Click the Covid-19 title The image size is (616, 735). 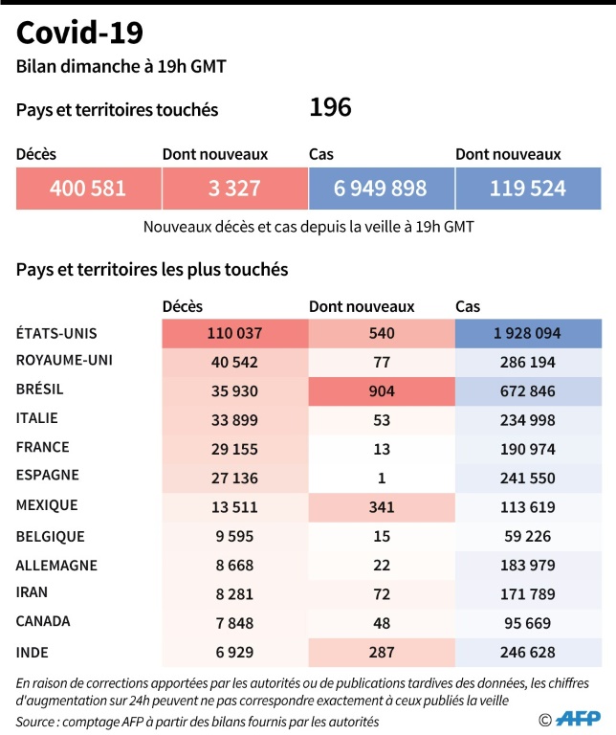(x=80, y=33)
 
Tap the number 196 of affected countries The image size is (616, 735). (x=330, y=108)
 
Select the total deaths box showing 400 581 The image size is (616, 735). (x=88, y=189)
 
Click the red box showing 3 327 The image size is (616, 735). (x=234, y=189)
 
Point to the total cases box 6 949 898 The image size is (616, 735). (x=381, y=189)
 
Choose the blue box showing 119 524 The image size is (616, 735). (x=527, y=189)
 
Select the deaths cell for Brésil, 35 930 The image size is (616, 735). (x=234, y=390)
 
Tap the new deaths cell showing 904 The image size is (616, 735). (x=381, y=390)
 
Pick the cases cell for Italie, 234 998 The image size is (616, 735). (x=527, y=419)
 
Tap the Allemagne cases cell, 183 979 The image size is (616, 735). (x=527, y=566)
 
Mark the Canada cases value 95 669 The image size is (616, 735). (x=527, y=623)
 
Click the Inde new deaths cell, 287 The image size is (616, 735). (x=381, y=652)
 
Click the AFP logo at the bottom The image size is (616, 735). (x=578, y=719)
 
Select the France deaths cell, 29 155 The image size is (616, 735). (x=234, y=448)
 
